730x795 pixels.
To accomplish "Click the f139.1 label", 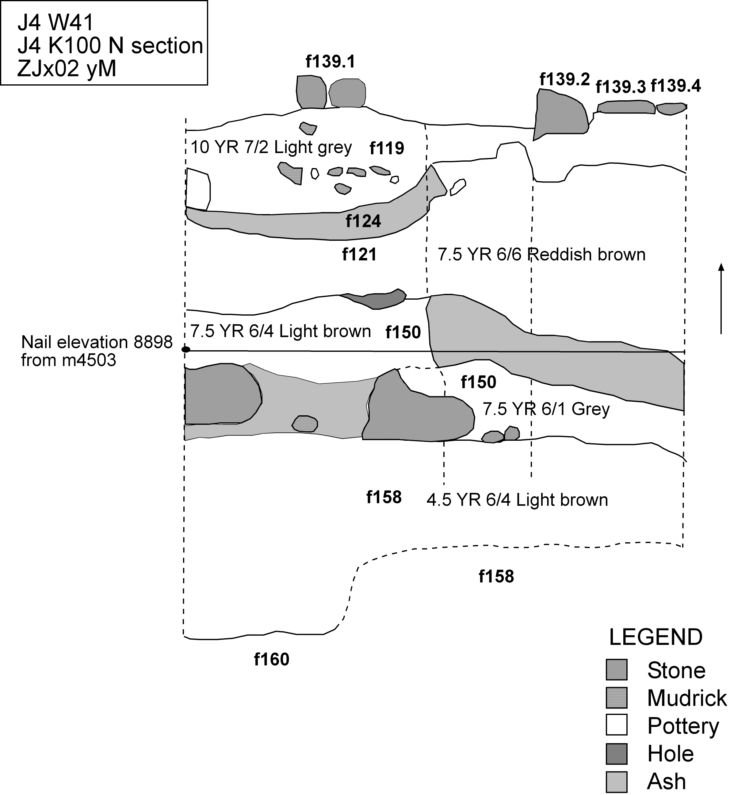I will [330, 62].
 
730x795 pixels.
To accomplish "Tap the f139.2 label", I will [564, 79].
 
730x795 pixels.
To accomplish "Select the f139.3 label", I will [620, 86].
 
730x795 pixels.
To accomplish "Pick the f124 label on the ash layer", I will [363, 221].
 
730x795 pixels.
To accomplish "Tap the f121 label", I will [359, 255].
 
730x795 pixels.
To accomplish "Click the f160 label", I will [271, 659].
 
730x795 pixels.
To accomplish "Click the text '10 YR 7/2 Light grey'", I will [271, 148].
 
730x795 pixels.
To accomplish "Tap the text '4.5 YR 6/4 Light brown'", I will [517, 500].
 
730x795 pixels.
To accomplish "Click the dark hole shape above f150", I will [377, 300].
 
